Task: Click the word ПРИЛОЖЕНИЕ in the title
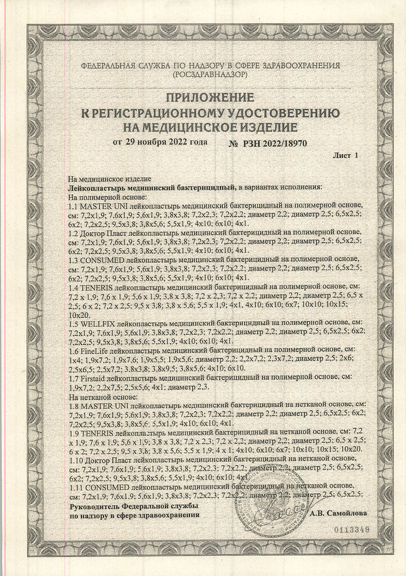202,97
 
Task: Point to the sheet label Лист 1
345,155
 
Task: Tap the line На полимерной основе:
107,197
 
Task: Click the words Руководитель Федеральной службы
133,506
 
